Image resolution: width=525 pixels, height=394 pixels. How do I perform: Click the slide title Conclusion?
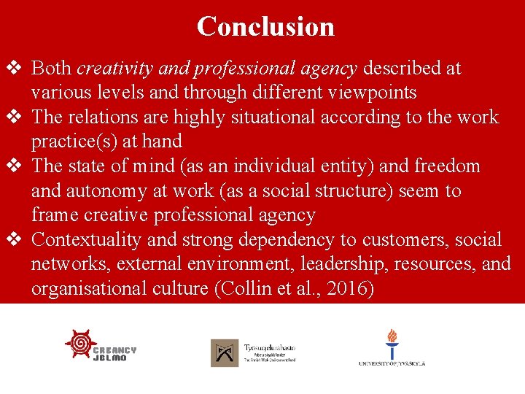coord(265,26)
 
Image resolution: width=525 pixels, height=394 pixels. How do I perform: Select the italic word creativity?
coord(109,69)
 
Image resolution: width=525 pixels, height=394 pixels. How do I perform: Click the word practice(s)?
coord(71,142)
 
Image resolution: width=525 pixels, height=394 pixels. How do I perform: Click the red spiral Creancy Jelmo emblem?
coord(81,343)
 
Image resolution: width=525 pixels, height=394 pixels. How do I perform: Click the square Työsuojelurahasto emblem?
coord(225,353)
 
